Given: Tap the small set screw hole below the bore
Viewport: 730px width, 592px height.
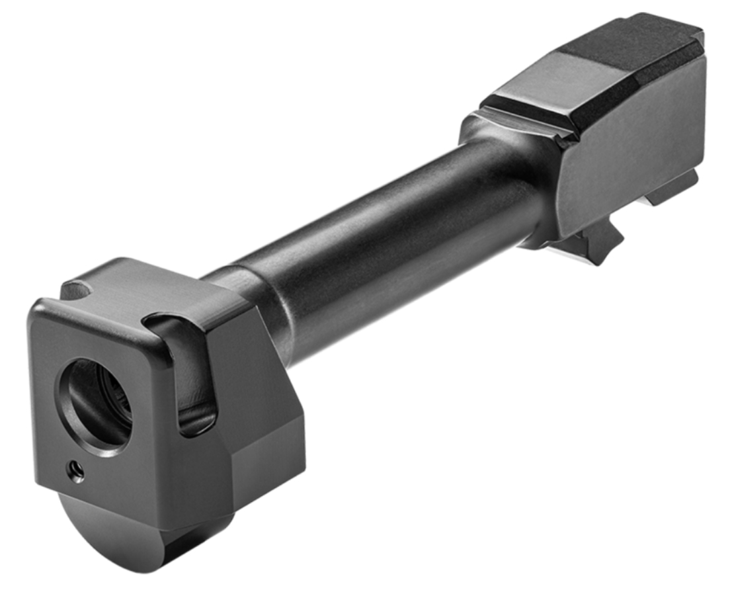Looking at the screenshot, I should tap(76, 471).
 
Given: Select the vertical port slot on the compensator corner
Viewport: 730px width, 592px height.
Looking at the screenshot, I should tap(195, 377).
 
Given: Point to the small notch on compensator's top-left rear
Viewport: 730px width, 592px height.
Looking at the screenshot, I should tap(78, 290).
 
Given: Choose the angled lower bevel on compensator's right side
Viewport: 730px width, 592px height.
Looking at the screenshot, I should tap(261, 463).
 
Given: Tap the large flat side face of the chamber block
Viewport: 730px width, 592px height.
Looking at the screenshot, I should tap(635, 146).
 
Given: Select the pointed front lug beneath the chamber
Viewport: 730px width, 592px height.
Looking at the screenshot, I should tap(598, 241).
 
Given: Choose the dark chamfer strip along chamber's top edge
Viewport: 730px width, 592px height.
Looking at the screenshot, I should tap(635, 86).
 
